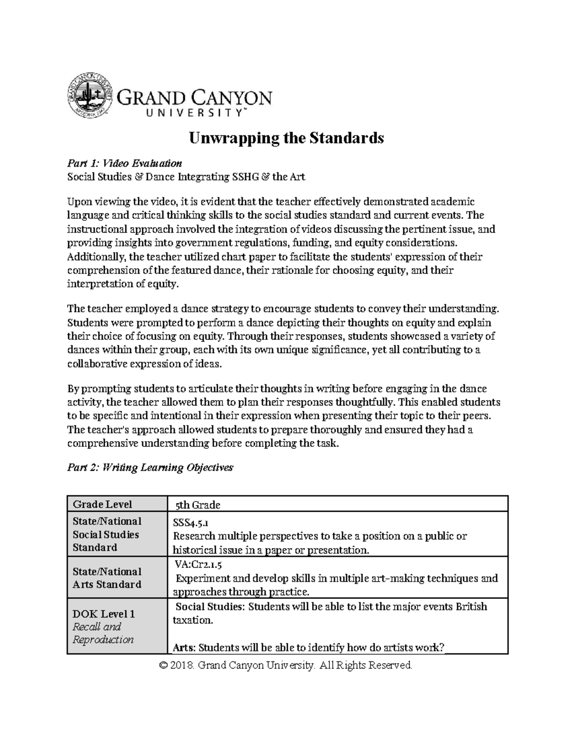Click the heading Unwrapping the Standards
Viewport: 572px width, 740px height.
click(x=286, y=138)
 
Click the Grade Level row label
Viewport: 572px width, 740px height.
click(x=102, y=504)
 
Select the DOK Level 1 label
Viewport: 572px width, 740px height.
click(x=103, y=614)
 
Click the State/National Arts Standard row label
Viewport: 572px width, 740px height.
click(x=107, y=578)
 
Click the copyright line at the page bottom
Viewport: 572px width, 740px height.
click(x=286, y=665)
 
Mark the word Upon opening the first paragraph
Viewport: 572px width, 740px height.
click(x=78, y=202)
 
